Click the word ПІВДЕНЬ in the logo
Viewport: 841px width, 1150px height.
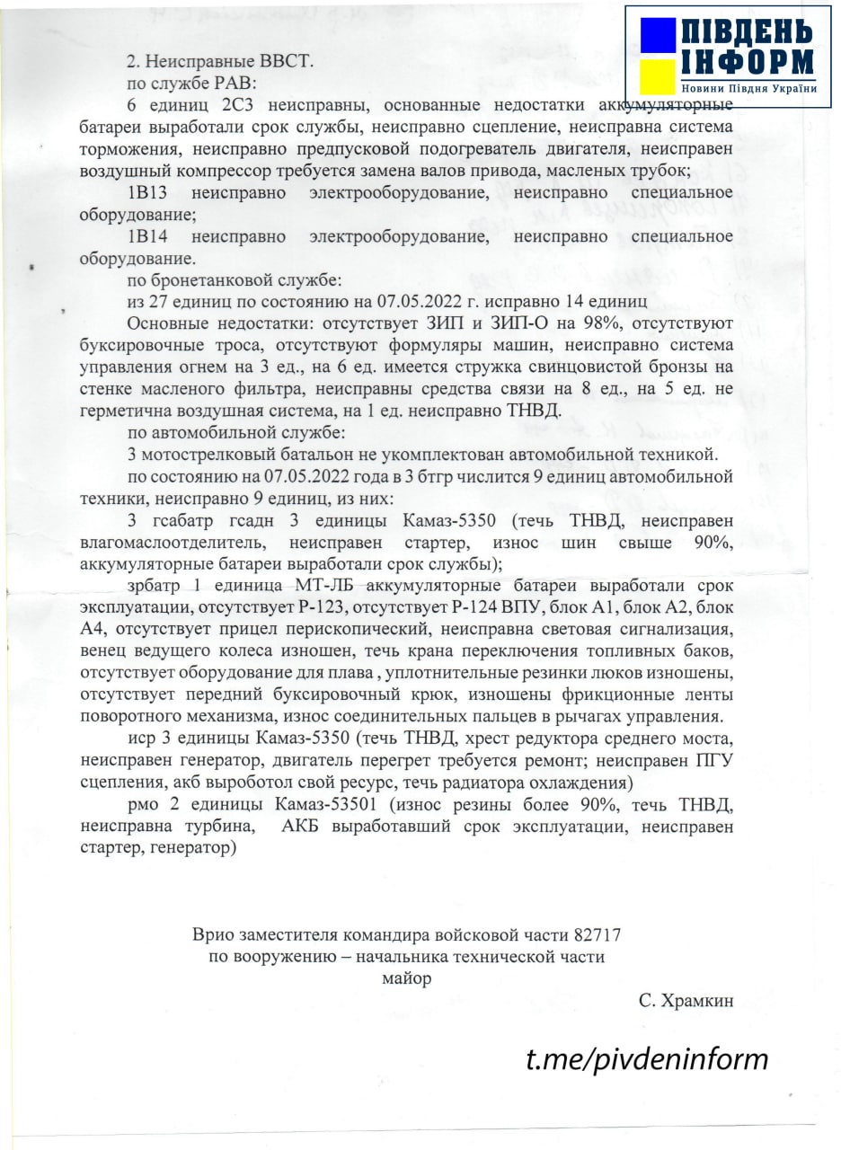click(747, 32)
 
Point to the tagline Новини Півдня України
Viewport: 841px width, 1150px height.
click(748, 88)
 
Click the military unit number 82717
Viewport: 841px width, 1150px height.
click(590, 934)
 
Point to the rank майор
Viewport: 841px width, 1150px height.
click(406, 978)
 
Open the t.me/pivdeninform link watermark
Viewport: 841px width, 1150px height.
click(647, 1058)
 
